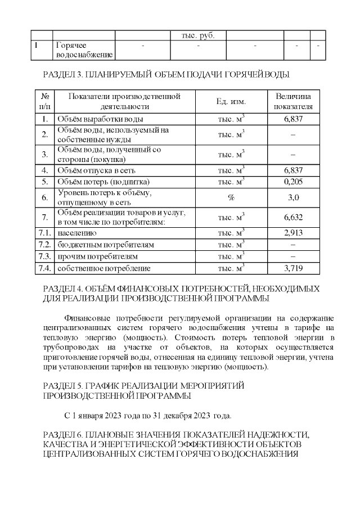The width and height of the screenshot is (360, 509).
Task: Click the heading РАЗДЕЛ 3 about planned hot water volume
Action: pos(166,74)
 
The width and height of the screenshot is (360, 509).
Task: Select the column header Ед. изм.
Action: pos(231,101)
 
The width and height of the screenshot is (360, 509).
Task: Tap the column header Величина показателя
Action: pos(293,101)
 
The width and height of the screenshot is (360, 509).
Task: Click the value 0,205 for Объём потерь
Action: pos(293,182)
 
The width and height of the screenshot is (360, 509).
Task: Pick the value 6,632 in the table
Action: pos(293,217)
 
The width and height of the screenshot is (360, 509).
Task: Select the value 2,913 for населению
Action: pos(293,233)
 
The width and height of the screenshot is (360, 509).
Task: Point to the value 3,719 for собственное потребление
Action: pos(293,268)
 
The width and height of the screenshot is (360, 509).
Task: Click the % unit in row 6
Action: pos(231,197)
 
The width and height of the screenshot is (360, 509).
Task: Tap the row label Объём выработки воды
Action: pos(100,119)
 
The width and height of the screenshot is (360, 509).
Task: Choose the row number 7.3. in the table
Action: pos(44,256)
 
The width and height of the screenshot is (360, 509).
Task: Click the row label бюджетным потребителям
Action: pos(106,245)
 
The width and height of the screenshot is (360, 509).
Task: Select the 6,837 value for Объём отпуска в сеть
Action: pos(293,170)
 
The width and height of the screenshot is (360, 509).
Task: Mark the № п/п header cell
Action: pos(44,101)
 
